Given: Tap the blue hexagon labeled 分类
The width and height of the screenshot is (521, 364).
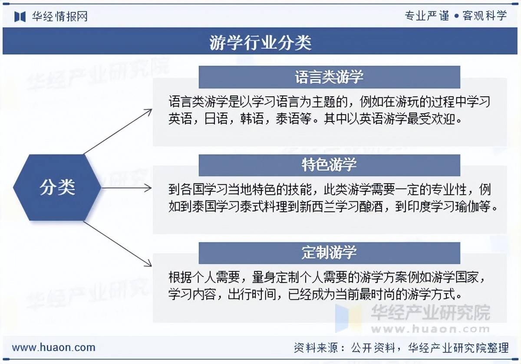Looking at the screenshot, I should tap(57, 187).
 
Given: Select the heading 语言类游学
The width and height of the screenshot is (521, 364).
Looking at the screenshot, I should tap(329, 77).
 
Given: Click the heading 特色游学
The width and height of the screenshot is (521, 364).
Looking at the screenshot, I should tap(329, 165).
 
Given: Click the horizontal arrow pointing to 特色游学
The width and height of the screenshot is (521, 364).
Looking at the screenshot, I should tap(126, 188).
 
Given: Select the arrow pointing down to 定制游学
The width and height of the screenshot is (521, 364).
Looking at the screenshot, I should tap(118, 244).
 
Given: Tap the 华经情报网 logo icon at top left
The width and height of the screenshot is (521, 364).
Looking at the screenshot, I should tap(20, 16).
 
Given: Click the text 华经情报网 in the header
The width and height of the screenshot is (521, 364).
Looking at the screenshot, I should tap(60, 16).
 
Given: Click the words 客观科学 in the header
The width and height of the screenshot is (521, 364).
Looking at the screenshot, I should tap(485, 16).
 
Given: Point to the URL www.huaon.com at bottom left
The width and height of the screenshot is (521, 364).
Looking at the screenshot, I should tap(53, 347).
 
